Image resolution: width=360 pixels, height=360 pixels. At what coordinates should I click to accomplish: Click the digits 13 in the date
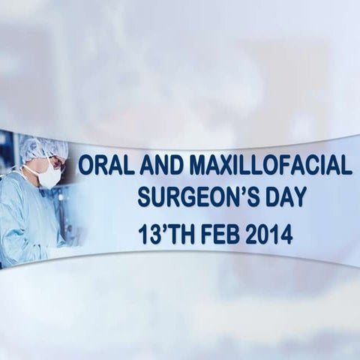(150, 235)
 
